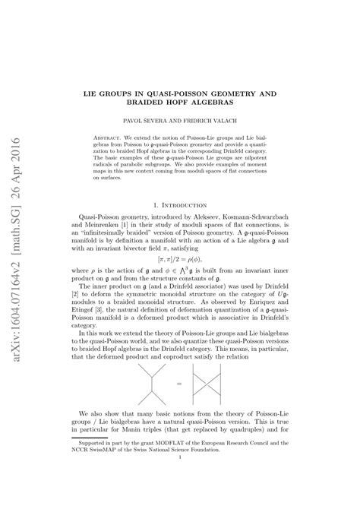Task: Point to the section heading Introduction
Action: [190, 204]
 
